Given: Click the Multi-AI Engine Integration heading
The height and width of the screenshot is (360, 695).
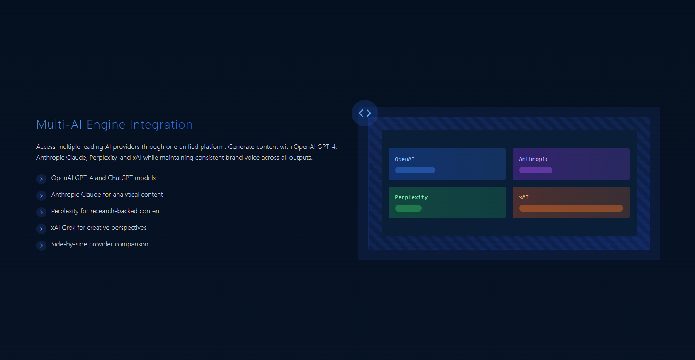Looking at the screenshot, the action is pyautogui.click(x=114, y=124).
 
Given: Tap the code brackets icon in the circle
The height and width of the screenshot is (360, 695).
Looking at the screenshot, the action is pyautogui.click(x=365, y=113).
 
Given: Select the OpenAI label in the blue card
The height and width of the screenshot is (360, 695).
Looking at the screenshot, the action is pyautogui.click(x=405, y=159).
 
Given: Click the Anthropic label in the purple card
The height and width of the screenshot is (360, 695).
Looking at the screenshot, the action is pyautogui.click(x=534, y=159).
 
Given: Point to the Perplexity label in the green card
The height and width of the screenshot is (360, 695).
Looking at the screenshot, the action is pyautogui.click(x=411, y=197).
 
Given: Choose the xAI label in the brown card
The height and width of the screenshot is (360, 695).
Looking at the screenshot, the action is pyautogui.click(x=524, y=197).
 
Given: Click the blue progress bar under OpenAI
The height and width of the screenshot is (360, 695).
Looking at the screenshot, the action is pyautogui.click(x=415, y=170).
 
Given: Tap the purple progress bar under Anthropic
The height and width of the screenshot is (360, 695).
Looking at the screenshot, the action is pyautogui.click(x=535, y=170).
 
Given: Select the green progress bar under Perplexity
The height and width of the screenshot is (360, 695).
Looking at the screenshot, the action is pyautogui.click(x=408, y=208).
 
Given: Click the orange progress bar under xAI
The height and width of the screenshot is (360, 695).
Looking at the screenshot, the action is pyautogui.click(x=571, y=208).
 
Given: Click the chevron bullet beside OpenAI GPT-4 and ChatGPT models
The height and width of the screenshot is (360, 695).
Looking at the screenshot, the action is pyautogui.click(x=41, y=179).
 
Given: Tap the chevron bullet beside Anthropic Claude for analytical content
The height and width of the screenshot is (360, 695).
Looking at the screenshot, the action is pyautogui.click(x=41, y=195).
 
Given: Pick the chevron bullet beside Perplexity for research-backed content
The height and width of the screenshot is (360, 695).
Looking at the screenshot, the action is pyautogui.click(x=41, y=212).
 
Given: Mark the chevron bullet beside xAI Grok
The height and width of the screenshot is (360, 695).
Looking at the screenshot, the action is pyautogui.click(x=41, y=229).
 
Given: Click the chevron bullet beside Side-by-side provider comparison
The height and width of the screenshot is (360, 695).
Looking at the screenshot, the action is pyautogui.click(x=41, y=246).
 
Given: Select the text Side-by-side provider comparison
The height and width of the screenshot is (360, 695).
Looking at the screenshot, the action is pyautogui.click(x=100, y=245).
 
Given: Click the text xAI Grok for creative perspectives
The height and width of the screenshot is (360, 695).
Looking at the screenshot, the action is pyautogui.click(x=99, y=228).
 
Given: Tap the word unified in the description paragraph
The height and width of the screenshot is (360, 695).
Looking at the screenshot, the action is pyautogui.click(x=189, y=147).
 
